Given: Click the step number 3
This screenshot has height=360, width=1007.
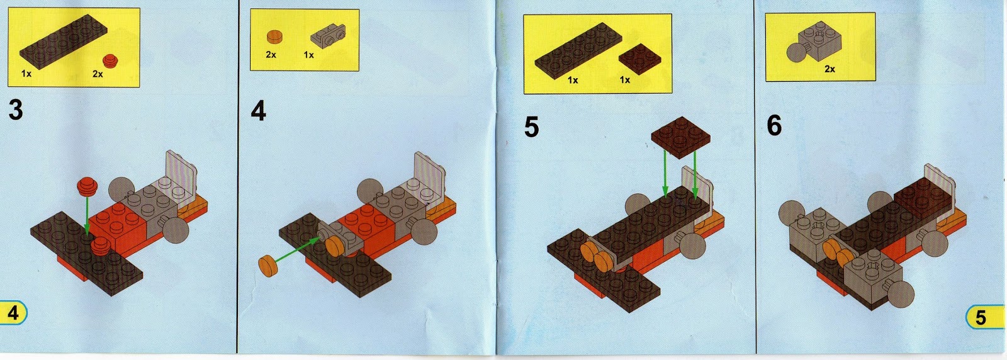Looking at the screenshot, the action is tap(16, 110).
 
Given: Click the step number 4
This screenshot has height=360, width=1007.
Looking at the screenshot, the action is tap(259, 111).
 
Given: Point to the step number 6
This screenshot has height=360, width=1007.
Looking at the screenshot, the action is tap(774, 125).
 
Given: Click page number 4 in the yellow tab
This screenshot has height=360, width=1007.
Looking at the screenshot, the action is tap(13, 313).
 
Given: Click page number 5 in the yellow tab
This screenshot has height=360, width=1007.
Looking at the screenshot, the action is tap(981, 318).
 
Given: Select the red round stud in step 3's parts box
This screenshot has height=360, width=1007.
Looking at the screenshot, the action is tap(110, 61).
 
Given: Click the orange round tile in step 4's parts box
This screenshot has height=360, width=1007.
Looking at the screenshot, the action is tap(274, 37).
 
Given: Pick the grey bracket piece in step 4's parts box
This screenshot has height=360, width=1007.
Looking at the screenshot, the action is tap(328, 37).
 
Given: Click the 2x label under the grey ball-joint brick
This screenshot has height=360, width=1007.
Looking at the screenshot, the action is tap(830, 69).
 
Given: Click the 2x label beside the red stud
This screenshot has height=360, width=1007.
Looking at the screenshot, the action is tap(98, 74).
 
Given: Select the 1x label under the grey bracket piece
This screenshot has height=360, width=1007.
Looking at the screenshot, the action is tap(308, 55).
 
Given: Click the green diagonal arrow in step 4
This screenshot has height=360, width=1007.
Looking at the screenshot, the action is tap(296, 250).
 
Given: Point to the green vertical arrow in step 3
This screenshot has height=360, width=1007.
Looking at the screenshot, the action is tap(87, 215).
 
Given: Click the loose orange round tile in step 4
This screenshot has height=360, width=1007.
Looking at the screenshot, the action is tap(268, 266).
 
